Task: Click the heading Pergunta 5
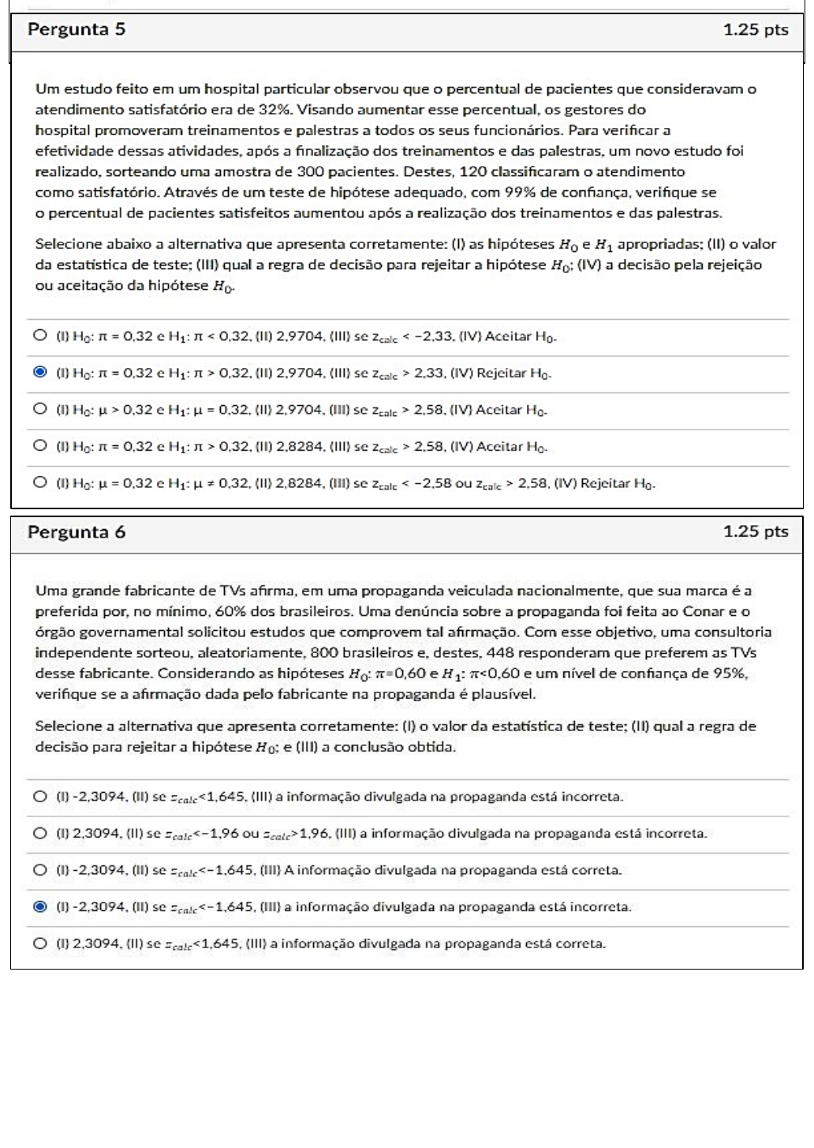pos(76,30)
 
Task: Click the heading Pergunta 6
pos(76,531)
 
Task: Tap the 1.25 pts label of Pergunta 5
pos(755,30)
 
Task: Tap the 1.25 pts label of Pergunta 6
pos(755,531)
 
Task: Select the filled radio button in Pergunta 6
pos(40,906)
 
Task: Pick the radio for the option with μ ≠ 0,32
pos(40,482)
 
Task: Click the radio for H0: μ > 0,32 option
pos(40,409)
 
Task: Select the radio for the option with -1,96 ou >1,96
pos(40,833)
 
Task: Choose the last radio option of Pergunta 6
pos(40,943)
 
